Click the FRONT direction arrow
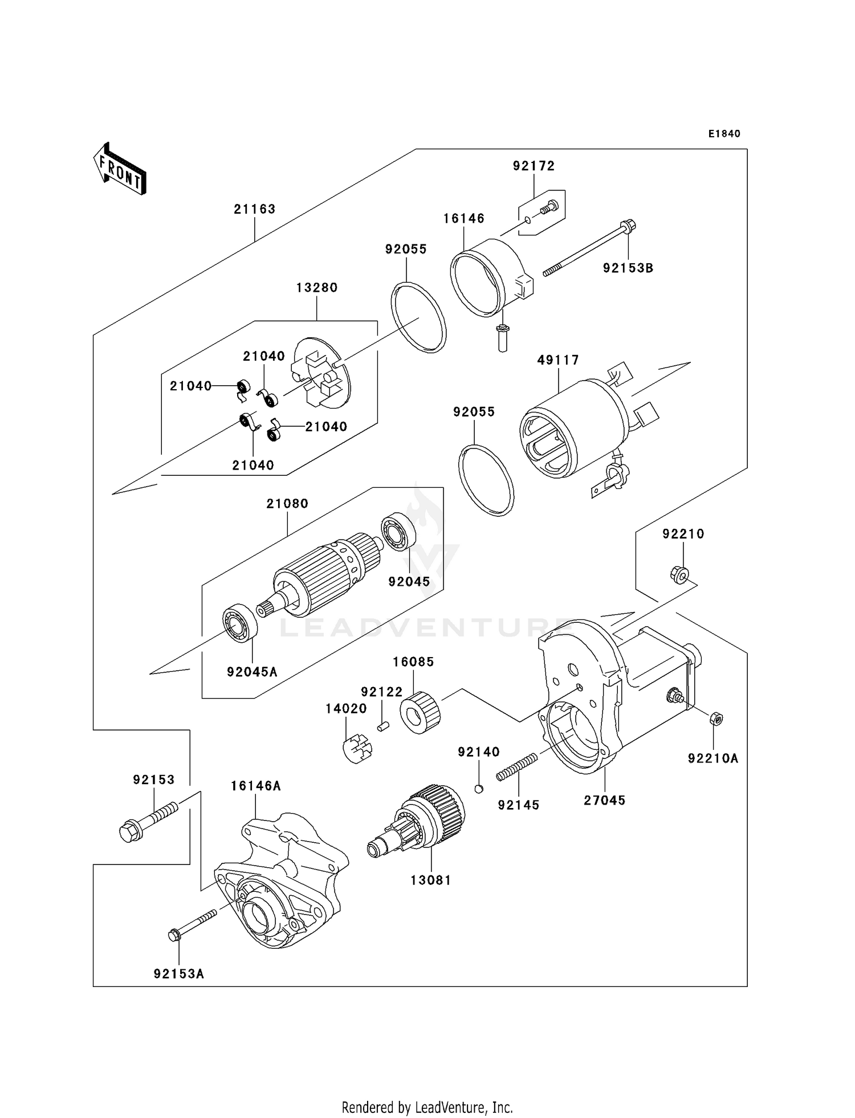click(120, 169)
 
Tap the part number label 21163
click(254, 209)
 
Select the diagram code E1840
click(724, 134)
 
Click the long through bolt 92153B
click(590, 251)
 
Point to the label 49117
click(558, 360)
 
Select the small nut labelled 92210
click(679, 573)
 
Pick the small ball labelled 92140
click(479, 789)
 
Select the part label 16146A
click(255, 786)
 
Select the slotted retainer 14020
click(357, 749)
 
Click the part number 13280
click(316, 288)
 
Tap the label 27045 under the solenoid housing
click(604, 801)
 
